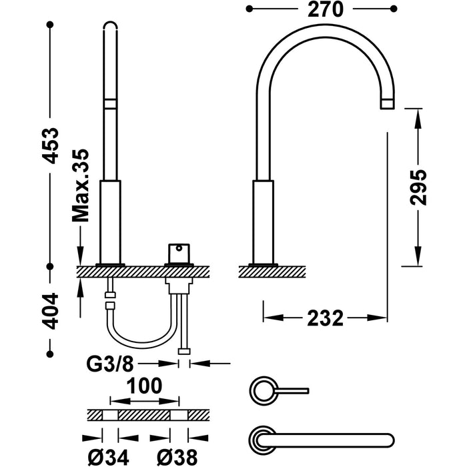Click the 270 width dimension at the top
326,9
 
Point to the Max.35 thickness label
81,185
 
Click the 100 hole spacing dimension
145,386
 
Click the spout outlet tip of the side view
388,103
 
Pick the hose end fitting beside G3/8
183,352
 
